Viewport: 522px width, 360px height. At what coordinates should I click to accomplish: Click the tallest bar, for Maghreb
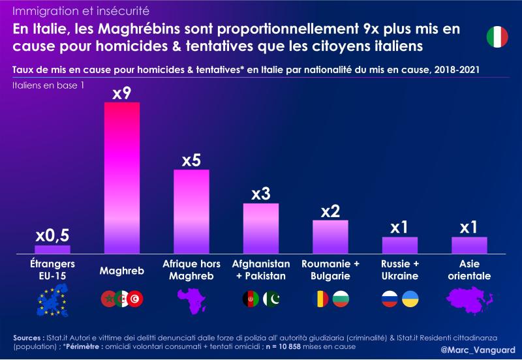point(122,177)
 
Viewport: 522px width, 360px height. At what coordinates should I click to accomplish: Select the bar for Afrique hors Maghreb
point(191,211)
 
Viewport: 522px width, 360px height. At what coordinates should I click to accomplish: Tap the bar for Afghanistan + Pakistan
point(261,228)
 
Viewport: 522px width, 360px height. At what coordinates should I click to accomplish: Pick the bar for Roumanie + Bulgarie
point(330,237)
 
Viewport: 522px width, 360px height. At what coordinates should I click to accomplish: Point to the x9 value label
point(122,93)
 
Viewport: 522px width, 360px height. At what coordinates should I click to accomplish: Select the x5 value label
point(191,160)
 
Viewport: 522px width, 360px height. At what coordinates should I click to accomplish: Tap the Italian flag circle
point(497,37)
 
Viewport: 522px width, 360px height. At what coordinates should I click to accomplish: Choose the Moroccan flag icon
point(108,299)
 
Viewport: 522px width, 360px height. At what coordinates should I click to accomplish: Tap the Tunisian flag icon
point(136,299)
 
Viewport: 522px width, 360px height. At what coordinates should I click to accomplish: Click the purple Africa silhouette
point(191,300)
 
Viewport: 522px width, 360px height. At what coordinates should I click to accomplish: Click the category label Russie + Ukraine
point(399,270)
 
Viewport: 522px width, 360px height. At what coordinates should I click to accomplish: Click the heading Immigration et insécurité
point(81,11)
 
